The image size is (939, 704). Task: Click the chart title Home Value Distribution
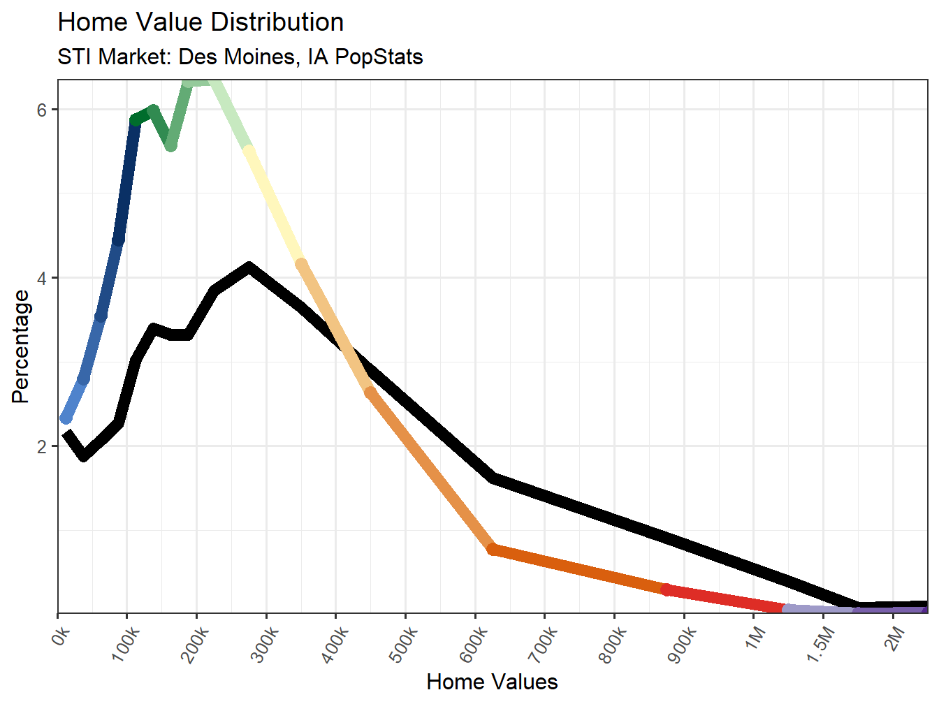pos(201,22)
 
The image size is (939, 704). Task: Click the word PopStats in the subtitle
pos(379,57)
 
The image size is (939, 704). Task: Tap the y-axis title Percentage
pos(21,346)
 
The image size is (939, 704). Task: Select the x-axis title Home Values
pos(492,682)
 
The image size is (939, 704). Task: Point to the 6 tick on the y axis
pos(42,110)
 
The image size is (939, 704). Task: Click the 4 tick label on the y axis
pos(42,278)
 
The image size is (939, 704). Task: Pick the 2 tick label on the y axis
pos(42,446)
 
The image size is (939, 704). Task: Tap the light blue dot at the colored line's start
pos(66,418)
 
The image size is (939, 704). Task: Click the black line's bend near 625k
pos(493,478)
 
